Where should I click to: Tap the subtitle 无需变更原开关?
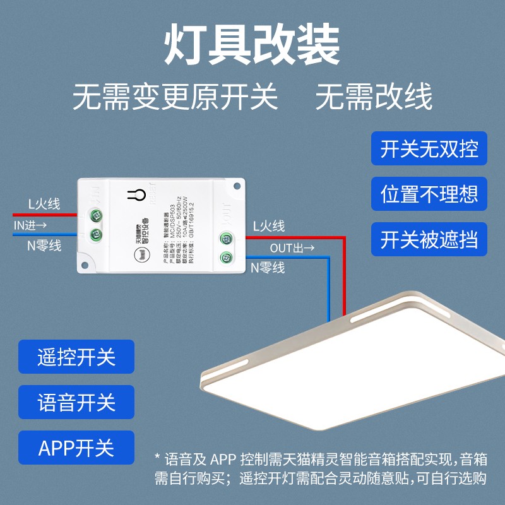coord(175,98)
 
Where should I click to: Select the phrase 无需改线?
coord(374,98)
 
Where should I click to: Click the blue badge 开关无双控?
coord(429,150)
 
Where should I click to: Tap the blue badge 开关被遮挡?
coord(429,239)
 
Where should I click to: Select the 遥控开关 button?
coord(76,357)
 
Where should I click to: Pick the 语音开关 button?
coord(76,402)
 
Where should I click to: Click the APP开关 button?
coord(76,448)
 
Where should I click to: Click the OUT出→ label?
coord(292,247)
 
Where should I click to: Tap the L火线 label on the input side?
coord(44,204)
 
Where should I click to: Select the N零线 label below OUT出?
coord(268,268)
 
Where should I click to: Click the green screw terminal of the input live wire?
coord(97,215)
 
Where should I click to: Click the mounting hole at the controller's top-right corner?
coord(238,187)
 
